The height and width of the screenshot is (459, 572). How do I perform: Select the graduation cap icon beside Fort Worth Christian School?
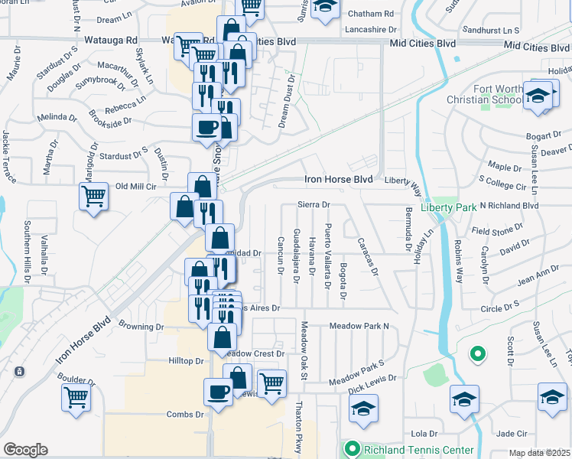tap(538, 95)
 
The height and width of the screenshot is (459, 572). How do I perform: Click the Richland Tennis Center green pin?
tap(353, 449)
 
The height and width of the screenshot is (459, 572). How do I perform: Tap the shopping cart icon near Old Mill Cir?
tap(93, 195)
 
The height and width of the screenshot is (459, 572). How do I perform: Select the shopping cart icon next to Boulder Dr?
tap(76, 396)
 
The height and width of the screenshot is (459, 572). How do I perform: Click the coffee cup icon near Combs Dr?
tap(218, 392)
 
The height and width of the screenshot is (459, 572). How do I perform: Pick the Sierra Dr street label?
tap(314, 205)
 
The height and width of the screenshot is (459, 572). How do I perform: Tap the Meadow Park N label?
tap(359, 326)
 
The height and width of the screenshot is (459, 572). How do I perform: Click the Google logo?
tap(25, 450)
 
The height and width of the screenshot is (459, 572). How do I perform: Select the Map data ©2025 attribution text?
tap(540, 453)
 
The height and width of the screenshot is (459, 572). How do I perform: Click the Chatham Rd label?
tap(370, 14)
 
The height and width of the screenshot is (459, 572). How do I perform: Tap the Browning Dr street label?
tap(141, 326)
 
